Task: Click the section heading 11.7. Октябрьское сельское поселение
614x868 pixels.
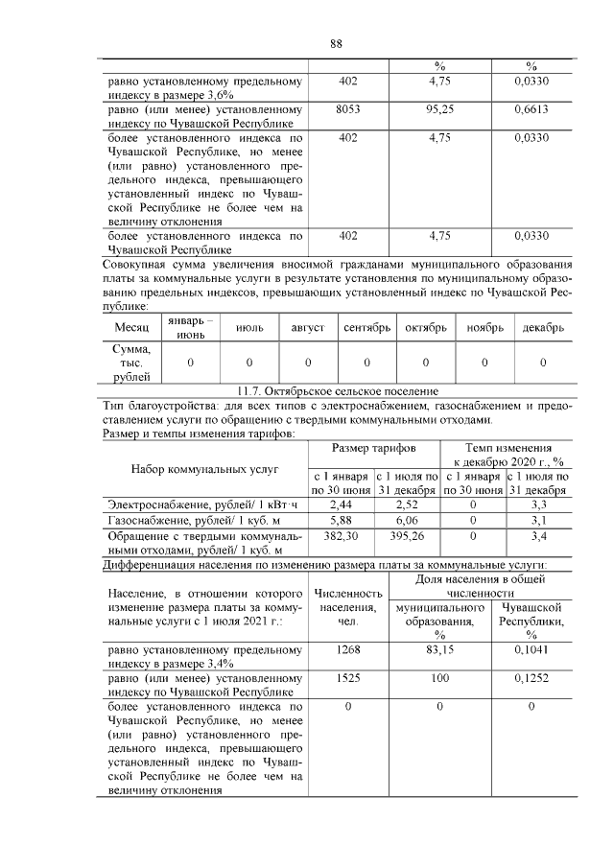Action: click(x=337, y=391)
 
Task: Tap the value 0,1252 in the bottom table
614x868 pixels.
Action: click(x=531, y=677)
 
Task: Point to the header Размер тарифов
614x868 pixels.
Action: click(x=373, y=448)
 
